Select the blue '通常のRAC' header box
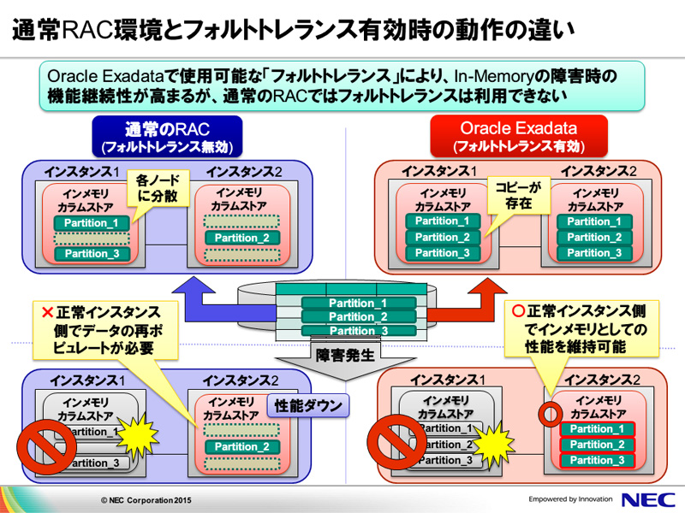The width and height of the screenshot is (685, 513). pyautogui.click(x=167, y=136)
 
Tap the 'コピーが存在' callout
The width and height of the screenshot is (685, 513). pyautogui.click(x=512, y=196)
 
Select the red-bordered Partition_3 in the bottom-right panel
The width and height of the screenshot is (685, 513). pyautogui.click(x=597, y=460)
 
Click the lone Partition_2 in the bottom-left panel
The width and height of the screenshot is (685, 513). pyautogui.click(x=241, y=446)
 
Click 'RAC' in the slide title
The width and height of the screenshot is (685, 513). pyautogui.click(x=108, y=31)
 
